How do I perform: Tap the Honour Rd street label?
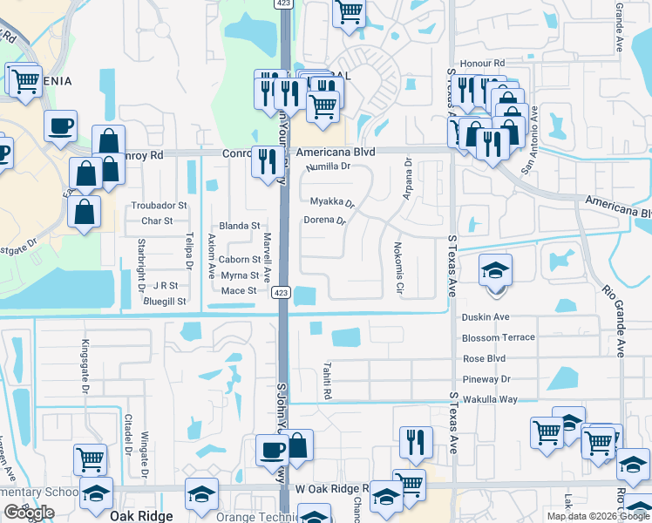pos(486,64)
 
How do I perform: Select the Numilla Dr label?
pos(328,166)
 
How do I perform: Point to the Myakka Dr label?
pos(332,202)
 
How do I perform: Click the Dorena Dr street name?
pos(324,220)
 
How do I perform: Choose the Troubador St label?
pos(159,206)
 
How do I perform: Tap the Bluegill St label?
pos(166,301)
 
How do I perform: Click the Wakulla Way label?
pos(491,399)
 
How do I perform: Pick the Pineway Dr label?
pos(486,379)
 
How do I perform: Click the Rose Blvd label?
pos(485,358)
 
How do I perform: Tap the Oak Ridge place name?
pos(142,515)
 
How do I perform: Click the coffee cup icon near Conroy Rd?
pos(61,126)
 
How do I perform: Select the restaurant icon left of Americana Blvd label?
pos(265,160)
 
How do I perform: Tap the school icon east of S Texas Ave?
pos(495,269)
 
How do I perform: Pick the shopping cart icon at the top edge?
pos(350,13)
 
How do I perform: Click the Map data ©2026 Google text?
pos(598,516)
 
